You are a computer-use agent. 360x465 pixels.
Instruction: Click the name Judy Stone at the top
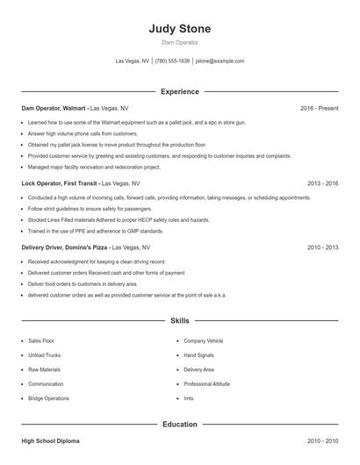click(180, 28)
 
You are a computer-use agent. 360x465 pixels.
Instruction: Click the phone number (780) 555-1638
click(173, 61)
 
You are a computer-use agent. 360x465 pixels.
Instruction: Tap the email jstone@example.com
click(220, 61)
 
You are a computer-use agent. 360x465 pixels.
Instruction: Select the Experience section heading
click(180, 91)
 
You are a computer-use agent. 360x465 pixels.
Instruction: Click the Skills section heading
click(180, 322)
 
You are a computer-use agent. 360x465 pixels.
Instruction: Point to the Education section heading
click(180, 425)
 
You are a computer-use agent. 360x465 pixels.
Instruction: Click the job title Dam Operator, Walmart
click(54, 108)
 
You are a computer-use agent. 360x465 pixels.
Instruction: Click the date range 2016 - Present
click(319, 108)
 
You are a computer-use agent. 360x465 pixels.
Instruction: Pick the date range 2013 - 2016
click(323, 183)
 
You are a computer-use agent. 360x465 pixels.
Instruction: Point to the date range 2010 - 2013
click(323, 247)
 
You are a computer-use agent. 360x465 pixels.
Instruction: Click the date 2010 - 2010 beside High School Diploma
click(323, 440)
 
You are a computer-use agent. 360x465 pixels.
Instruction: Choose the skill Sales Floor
click(41, 340)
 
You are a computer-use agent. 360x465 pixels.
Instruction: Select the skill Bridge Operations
click(49, 398)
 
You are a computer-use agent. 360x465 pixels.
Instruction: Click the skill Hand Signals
click(198, 354)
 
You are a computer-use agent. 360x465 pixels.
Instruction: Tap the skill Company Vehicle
click(203, 340)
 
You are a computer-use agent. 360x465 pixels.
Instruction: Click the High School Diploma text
click(50, 440)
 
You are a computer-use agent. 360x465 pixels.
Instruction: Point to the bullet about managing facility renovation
click(94, 167)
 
